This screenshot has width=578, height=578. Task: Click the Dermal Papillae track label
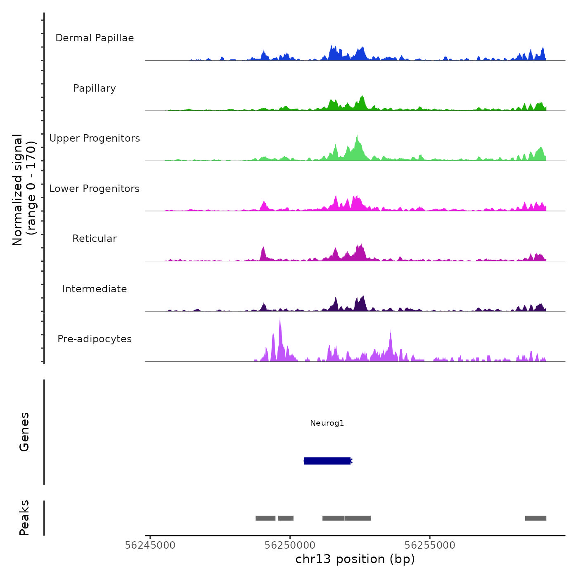(x=95, y=38)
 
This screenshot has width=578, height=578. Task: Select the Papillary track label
(x=95, y=88)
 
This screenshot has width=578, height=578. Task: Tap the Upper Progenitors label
(x=95, y=138)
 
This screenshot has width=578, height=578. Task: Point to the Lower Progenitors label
(x=95, y=189)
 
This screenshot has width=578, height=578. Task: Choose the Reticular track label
(x=95, y=239)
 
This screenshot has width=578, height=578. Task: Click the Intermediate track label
(x=95, y=289)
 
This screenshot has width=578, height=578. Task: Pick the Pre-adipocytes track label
(x=95, y=339)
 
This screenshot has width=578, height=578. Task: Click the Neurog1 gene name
(x=327, y=423)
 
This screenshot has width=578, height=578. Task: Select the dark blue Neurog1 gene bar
(x=327, y=461)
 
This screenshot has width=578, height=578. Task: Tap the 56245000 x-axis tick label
(x=150, y=545)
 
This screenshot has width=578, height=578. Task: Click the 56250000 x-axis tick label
(x=290, y=545)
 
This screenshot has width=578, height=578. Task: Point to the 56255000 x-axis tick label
(x=430, y=545)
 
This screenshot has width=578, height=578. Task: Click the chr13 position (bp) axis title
(x=355, y=559)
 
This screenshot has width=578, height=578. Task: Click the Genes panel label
(x=24, y=432)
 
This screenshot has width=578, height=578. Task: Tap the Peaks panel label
(x=24, y=518)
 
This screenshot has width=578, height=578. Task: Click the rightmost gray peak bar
(x=535, y=518)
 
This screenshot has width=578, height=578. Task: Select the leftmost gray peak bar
(x=265, y=518)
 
